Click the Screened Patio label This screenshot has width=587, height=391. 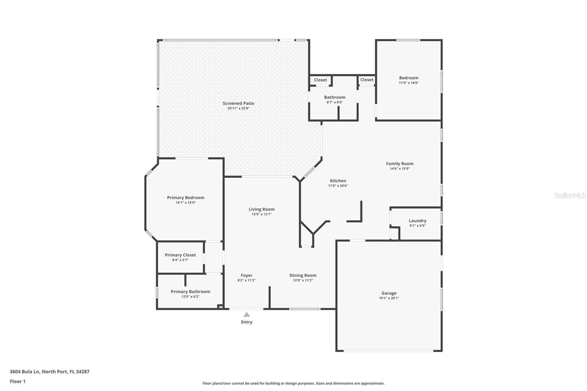pyautogui.click(x=238, y=103)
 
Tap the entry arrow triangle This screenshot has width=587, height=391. pyautogui.click(x=247, y=314)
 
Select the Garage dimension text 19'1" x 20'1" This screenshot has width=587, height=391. pyautogui.click(x=389, y=298)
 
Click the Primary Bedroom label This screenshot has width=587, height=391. pyautogui.click(x=186, y=197)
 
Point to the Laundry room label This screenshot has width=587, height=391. pyautogui.click(x=418, y=220)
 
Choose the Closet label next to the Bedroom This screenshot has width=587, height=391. pyautogui.click(x=367, y=80)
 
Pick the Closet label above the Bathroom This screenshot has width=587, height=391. pyautogui.click(x=320, y=80)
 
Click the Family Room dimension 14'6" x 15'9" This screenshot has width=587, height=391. pyautogui.click(x=400, y=169)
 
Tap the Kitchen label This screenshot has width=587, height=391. pyautogui.click(x=338, y=180)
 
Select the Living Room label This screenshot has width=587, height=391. pyautogui.click(x=262, y=209)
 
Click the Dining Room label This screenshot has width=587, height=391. pyautogui.click(x=303, y=275)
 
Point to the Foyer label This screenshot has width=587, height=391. pyautogui.click(x=247, y=275)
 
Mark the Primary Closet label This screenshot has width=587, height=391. pyautogui.click(x=180, y=255)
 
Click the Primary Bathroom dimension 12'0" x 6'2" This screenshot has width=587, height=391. pyautogui.click(x=190, y=297)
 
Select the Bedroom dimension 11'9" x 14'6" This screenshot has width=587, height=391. pyautogui.click(x=409, y=83)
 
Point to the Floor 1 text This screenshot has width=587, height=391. pyautogui.click(x=18, y=381)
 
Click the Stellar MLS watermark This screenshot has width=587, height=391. pyautogui.click(x=569, y=195)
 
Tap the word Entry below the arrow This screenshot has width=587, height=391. pyautogui.click(x=247, y=322)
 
